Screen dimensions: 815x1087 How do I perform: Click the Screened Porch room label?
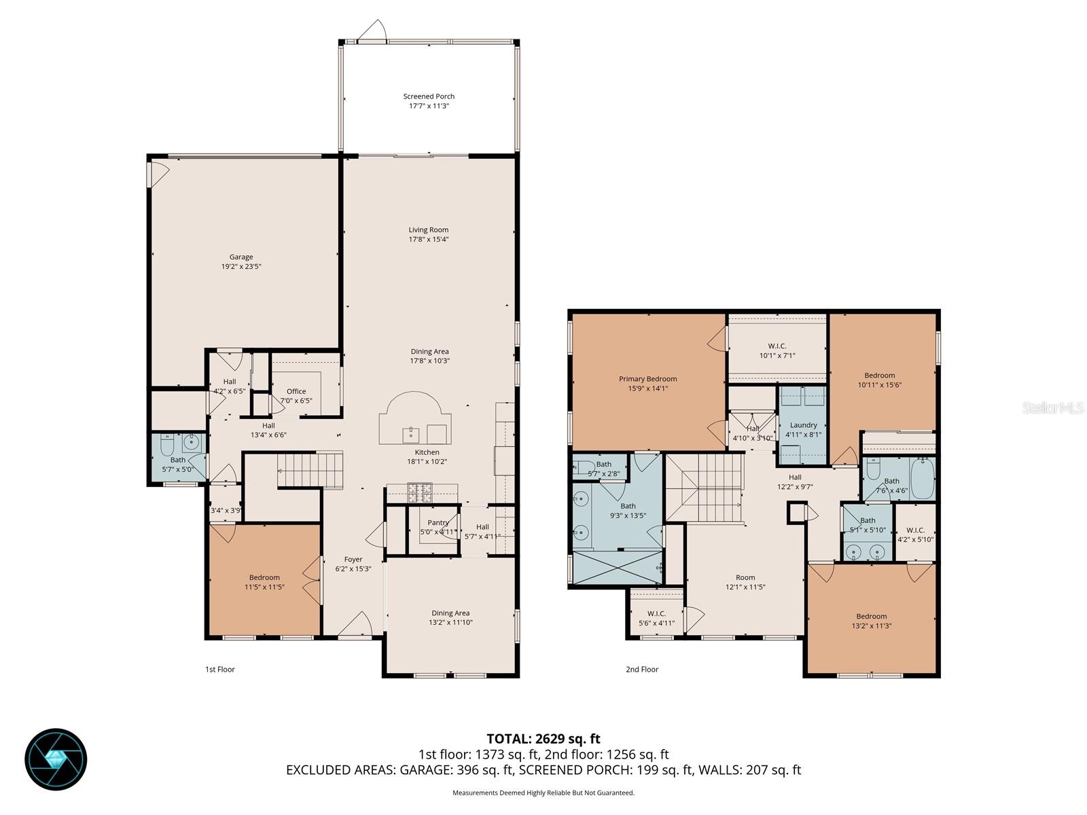pyautogui.click(x=429, y=96)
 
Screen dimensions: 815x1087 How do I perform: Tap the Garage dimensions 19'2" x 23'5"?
pyautogui.click(x=241, y=267)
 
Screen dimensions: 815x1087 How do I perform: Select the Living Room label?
pyautogui.click(x=429, y=230)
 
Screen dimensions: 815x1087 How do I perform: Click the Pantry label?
pyautogui.click(x=438, y=522)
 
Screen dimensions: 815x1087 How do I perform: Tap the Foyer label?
pyautogui.click(x=353, y=560)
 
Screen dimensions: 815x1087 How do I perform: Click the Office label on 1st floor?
pyautogui.click(x=296, y=391)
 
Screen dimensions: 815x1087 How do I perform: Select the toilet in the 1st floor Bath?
pyautogui.click(x=167, y=446)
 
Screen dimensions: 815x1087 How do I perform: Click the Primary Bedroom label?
pyautogui.click(x=647, y=379)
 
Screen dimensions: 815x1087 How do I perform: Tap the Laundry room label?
pyautogui.click(x=804, y=425)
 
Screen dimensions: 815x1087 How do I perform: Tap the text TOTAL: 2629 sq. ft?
pyautogui.click(x=543, y=739)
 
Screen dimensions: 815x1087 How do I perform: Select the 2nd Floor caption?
pyautogui.click(x=642, y=669)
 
